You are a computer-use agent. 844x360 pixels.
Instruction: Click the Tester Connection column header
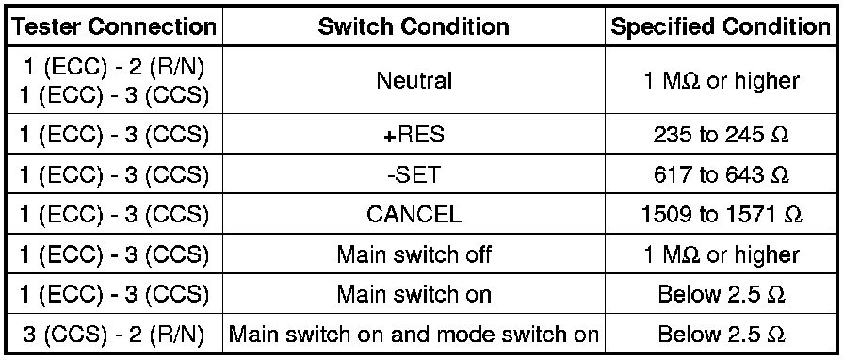(114, 26)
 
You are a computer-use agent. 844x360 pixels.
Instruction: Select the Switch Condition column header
(414, 26)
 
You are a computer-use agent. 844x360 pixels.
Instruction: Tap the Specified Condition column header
(721, 26)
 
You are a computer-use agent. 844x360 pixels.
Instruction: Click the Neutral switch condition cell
(414, 81)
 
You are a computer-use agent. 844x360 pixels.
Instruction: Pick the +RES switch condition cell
(414, 135)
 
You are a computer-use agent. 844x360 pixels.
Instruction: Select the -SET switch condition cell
(414, 175)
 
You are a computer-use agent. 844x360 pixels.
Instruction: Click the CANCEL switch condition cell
(414, 215)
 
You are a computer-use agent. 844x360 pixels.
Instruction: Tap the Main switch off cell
(414, 254)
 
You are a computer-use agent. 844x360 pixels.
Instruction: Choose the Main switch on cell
(414, 294)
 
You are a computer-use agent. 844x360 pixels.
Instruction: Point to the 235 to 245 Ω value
(722, 135)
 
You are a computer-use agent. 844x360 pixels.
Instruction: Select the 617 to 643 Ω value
(722, 175)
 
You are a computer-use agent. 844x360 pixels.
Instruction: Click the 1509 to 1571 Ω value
(722, 215)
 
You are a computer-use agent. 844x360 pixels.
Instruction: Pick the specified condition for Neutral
(722, 81)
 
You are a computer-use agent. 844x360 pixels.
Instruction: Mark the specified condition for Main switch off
(722, 254)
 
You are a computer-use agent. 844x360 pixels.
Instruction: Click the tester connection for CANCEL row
(114, 215)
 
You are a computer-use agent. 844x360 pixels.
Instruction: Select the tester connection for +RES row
(114, 135)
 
